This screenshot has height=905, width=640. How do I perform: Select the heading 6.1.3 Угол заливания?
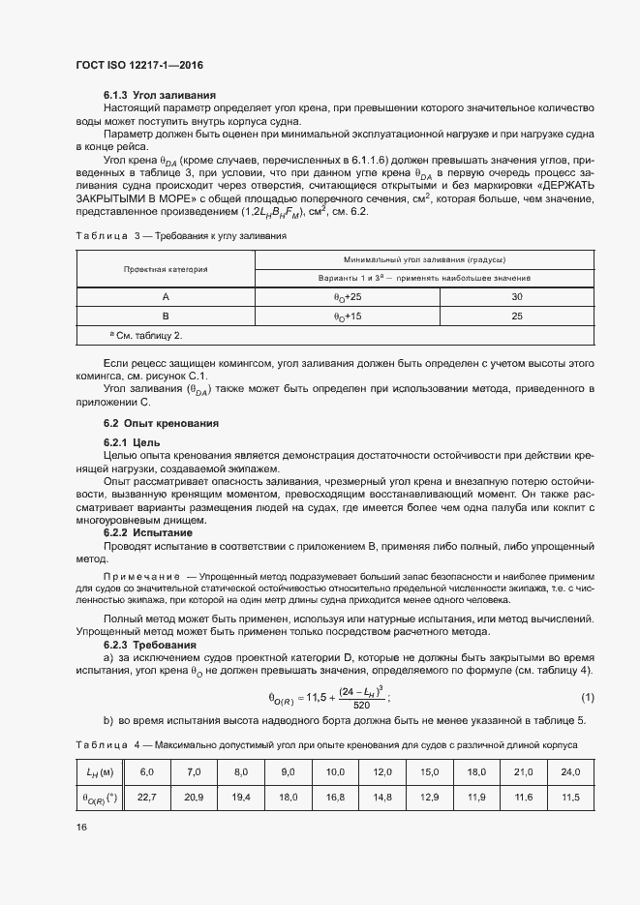[160, 95]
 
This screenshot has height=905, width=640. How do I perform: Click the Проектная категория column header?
[165, 269]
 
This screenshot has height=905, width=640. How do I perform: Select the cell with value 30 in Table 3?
[516, 297]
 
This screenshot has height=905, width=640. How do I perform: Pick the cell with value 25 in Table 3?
[516, 316]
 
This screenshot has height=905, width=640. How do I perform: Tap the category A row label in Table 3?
[165, 297]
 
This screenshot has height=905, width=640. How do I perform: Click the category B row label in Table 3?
[165, 316]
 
